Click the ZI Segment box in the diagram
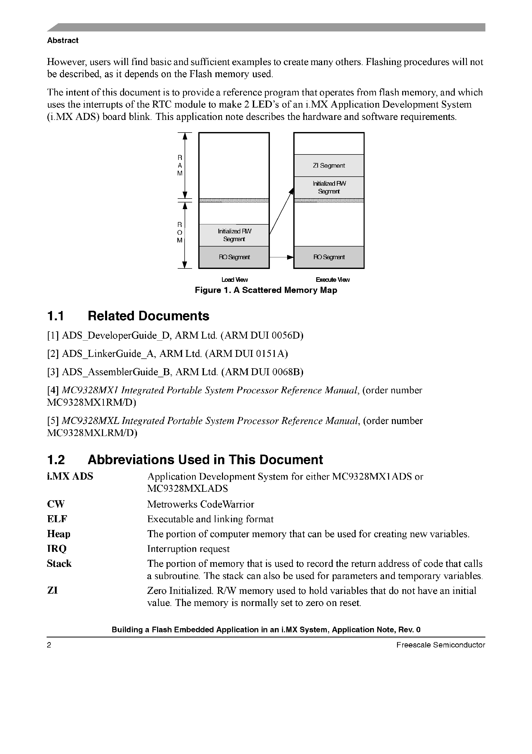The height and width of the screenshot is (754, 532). click(329, 166)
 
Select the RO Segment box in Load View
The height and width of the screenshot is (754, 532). click(234, 257)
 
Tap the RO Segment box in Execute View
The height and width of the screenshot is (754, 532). click(329, 257)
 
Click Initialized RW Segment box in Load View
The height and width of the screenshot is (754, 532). click(234, 235)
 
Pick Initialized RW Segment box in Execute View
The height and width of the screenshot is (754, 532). click(329, 187)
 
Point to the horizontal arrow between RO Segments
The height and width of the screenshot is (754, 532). click(281, 257)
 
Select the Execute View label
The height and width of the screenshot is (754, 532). click(332, 280)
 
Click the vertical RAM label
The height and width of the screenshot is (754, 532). click(180, 166)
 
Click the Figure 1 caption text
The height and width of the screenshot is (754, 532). click(266, 290)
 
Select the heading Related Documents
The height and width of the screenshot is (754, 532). click(148, 316)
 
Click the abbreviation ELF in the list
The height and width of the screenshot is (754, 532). click(57, 519)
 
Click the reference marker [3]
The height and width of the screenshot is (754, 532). click(53, 372)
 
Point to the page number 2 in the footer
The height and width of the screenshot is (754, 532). click(49, 645)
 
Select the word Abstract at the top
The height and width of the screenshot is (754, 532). click(63, 40)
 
